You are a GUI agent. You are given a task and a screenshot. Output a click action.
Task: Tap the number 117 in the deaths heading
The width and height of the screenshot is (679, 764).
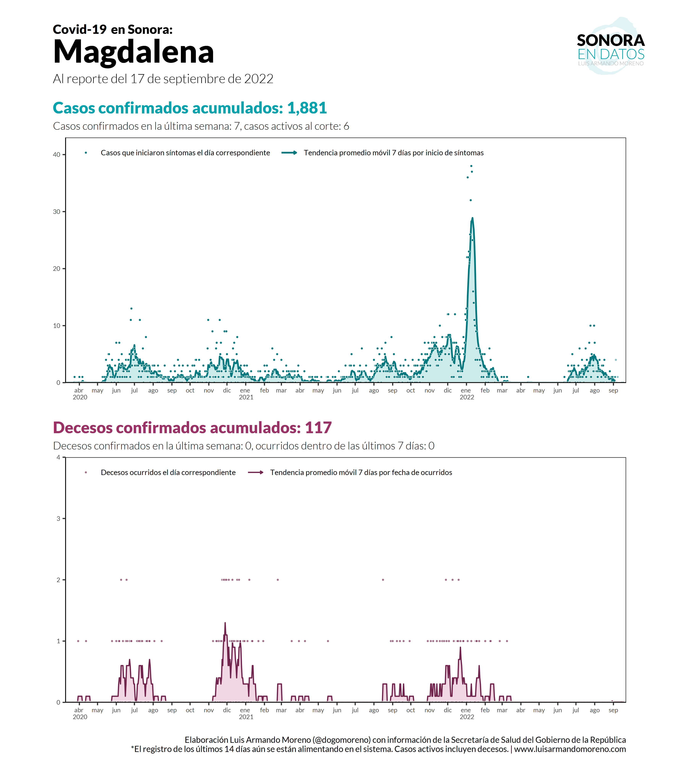pyautogui.click(x=318, y=428)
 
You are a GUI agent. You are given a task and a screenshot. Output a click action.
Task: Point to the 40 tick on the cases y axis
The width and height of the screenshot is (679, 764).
pyautogui.click(x=56, y=155)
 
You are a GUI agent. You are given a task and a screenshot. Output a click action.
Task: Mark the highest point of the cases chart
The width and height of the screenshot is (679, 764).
pyautogui.click(x=471, y=166)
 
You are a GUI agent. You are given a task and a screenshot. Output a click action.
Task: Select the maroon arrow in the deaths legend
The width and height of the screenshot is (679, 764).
pyautogui.click(x=256, y=473)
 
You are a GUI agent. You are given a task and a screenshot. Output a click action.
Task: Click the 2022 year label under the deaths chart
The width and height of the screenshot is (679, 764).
pyautogui.click(x=467, y=717)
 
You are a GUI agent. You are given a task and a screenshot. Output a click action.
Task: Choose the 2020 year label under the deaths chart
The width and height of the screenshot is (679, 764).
pyautogui.click(x=80, y=717)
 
